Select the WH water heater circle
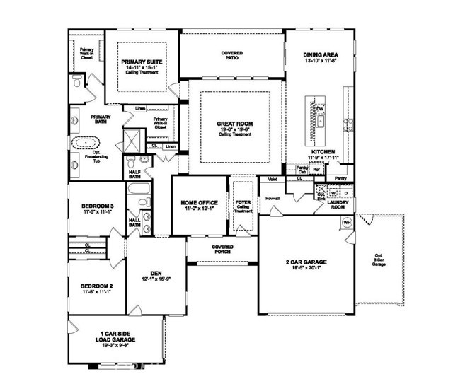tap(348, 223)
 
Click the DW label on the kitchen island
tap(320, 108)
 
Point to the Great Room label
tap(234, 124)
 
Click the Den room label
tap(156, 272)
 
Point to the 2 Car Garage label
tap(306, 264)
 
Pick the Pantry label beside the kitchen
tap(340, 179)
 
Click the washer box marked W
tap(332, 192)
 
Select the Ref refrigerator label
tap(316, 170)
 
